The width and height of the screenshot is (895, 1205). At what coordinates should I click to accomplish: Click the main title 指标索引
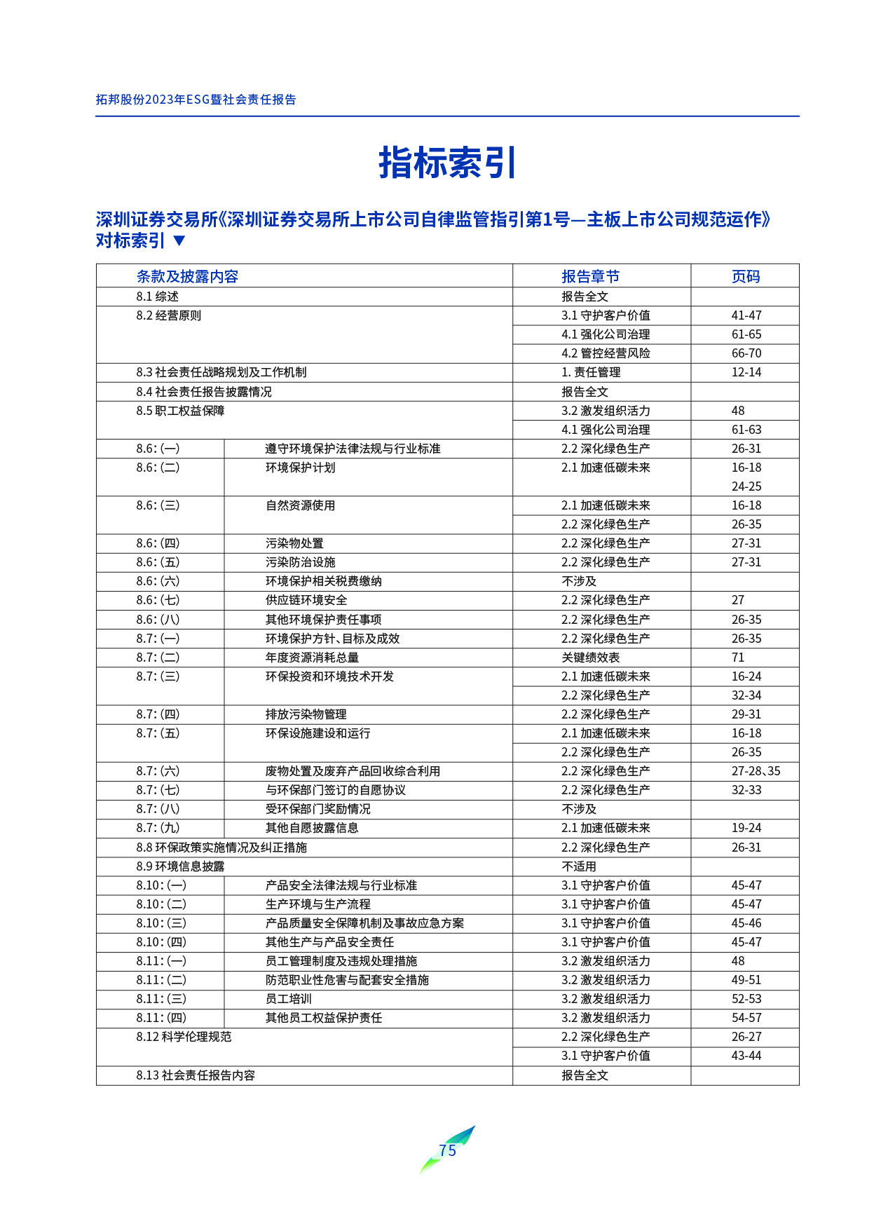click(x=447, y=163)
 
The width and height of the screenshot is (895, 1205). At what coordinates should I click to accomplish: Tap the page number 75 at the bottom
click(x=447, y=1150)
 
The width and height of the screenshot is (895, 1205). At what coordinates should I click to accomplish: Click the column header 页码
click(x=745, y=276)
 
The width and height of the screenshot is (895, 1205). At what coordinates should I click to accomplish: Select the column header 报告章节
click(x=590, y=276)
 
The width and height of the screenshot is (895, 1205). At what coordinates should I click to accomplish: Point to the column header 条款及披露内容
click(x=187, y=276)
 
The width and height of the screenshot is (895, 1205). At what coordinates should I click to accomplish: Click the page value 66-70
click(x=746, y=353)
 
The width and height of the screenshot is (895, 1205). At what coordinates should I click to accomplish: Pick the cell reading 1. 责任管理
click(x=591, y=372)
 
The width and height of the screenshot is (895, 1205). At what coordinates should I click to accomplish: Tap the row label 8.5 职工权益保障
click(x=180, y=411)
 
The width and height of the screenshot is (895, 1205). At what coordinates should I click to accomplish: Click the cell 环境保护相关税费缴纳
click(x=323, y=581)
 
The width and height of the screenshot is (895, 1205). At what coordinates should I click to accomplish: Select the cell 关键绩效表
click(x=590, y=658)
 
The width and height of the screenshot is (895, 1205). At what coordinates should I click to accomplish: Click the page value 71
click(x=738, y=658)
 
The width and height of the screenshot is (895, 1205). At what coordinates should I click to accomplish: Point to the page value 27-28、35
click(x=756, y=771)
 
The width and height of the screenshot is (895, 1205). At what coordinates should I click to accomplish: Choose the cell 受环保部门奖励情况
click(x=317, y=809)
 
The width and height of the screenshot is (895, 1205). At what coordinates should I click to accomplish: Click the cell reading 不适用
click(x=579, y=866)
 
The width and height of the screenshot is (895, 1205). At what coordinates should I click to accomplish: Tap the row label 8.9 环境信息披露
click(x=180, y=866)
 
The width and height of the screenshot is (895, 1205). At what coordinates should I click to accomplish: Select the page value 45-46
click(x=746, y=923)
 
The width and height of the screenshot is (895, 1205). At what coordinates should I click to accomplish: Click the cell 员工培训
click(x=288, y=999)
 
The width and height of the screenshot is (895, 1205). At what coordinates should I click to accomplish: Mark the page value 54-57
click(x=746, y=1018)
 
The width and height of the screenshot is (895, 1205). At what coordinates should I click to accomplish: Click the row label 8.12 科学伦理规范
click(x=184, y=1037)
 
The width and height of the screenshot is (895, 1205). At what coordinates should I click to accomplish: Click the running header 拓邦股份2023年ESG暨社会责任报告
click(x=196, y=100)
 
